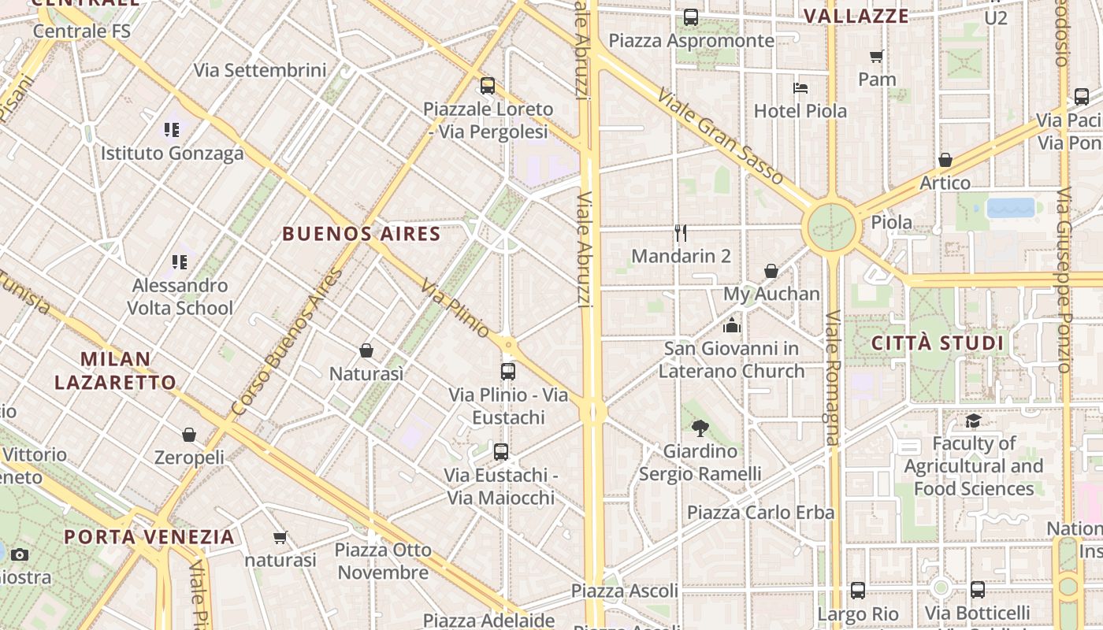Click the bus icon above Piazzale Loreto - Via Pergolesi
click(488, 86)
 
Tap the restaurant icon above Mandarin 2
click(681, 232)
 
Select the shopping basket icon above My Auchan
click(771, 271)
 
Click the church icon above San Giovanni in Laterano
click(732, 324)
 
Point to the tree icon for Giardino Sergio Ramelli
click(700, 428)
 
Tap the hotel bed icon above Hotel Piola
click(800, 87)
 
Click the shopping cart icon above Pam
click(876, 56)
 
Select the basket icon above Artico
click(945, 160)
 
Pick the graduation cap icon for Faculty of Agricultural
click(974, 421)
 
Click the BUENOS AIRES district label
click(362, 234)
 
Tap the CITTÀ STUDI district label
click(938, 343)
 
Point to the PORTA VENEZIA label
click(150, 537)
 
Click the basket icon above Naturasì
click(366, 350)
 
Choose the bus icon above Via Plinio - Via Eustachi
click(508, 371)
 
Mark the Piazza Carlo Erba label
click(760, 513)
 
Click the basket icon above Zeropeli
click(189, 435)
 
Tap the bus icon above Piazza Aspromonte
click(691, 17)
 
